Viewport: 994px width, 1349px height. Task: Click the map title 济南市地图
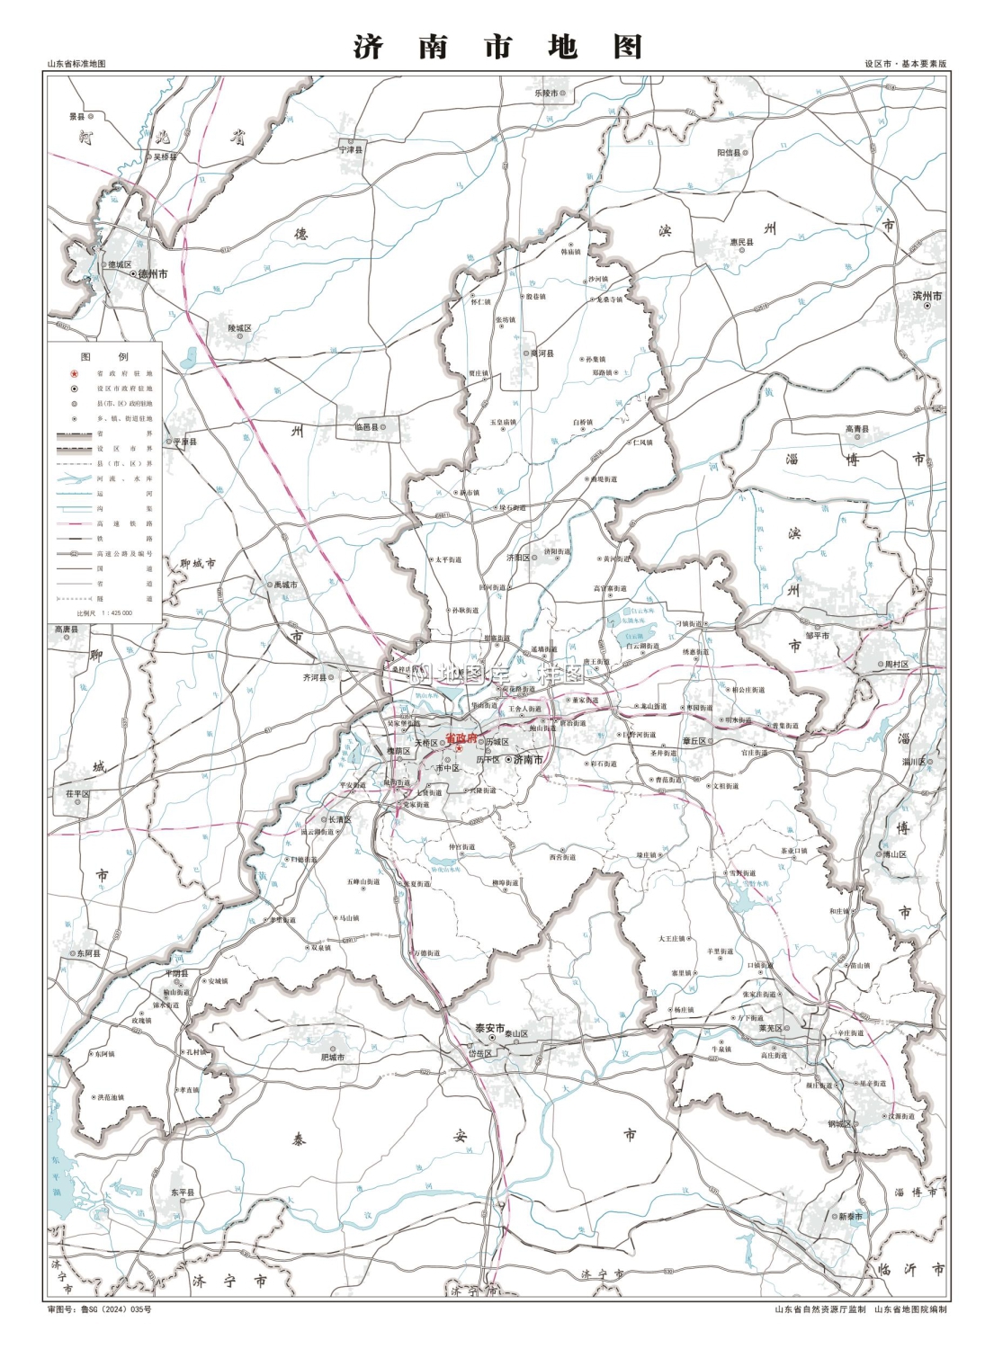(497, 46)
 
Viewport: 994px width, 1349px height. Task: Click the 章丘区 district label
(694, 741)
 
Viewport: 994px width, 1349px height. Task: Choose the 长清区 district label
(339, 819)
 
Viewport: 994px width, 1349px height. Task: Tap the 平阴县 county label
(176, 973)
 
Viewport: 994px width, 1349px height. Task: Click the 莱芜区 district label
(771, 1028)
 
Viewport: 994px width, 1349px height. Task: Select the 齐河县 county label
(315, 677)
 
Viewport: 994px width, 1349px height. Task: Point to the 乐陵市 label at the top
(547, 93)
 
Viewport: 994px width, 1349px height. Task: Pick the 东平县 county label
(183, 1193)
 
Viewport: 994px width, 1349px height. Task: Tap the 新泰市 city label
(850, 1216)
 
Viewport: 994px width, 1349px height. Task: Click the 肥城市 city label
(333, 1057)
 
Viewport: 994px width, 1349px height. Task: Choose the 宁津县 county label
(351, 149)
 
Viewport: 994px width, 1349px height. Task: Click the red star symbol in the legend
(74, 373)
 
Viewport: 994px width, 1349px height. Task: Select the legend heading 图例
(104, 356)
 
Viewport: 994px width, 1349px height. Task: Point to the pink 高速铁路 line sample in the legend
(74, 523)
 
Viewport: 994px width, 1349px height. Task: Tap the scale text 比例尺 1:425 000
(104, 612)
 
